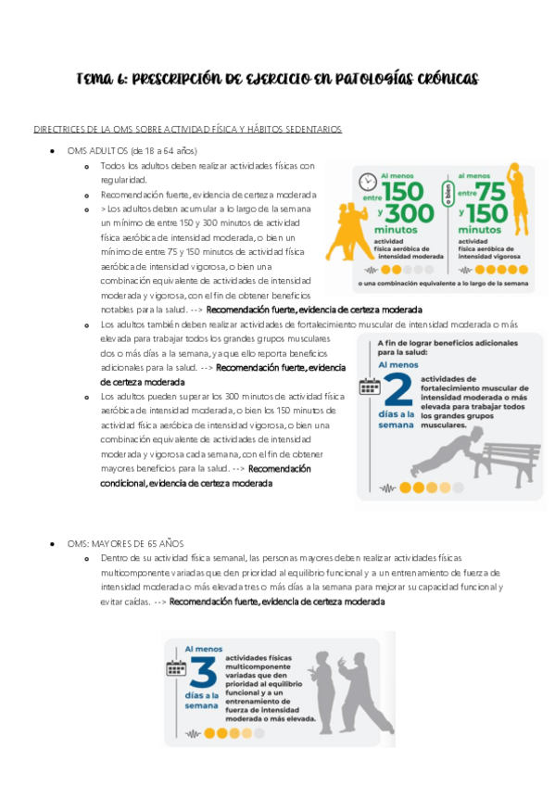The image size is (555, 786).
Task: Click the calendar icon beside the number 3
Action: pos(176,666)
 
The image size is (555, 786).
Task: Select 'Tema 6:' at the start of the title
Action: pos(101,80)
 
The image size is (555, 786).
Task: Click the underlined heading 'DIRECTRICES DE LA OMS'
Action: pos(102,129)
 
